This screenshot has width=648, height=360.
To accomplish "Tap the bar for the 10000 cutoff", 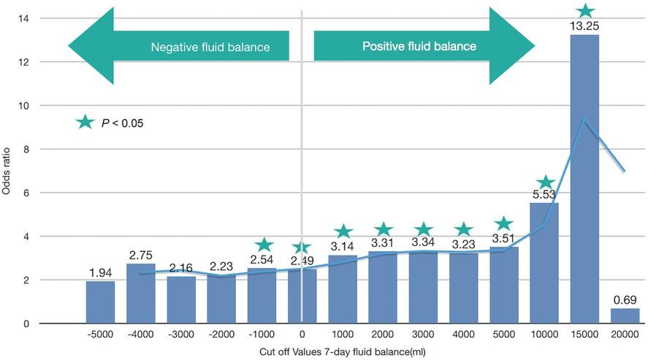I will coord(544,263).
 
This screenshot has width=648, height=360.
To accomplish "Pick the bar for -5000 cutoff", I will coord(100,302).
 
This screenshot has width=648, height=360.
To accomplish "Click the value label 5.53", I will coord(544,196).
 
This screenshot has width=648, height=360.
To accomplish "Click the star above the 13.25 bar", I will coord(584,12).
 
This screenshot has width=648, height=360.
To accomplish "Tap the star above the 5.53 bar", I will coord(544,183).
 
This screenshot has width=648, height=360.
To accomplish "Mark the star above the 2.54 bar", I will coord(264,245).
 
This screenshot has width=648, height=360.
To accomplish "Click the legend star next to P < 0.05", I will coord(85,123).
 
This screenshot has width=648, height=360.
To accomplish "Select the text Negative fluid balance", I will coord(210,47).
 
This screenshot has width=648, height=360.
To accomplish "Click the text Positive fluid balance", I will coord(419,46).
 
